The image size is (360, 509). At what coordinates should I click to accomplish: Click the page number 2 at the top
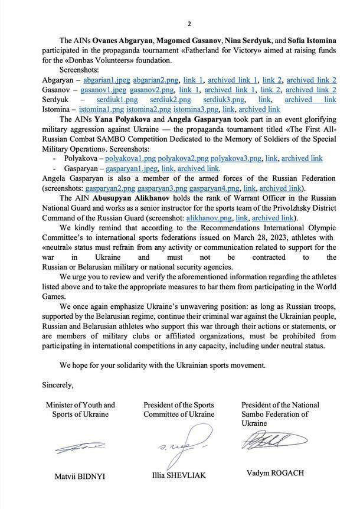[x=189, y=24]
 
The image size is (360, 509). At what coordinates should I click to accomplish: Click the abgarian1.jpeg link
[x=104, y=80]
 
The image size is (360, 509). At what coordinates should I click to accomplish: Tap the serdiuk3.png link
[x=224, y=100]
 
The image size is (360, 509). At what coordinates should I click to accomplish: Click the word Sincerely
[x=58, y=385]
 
